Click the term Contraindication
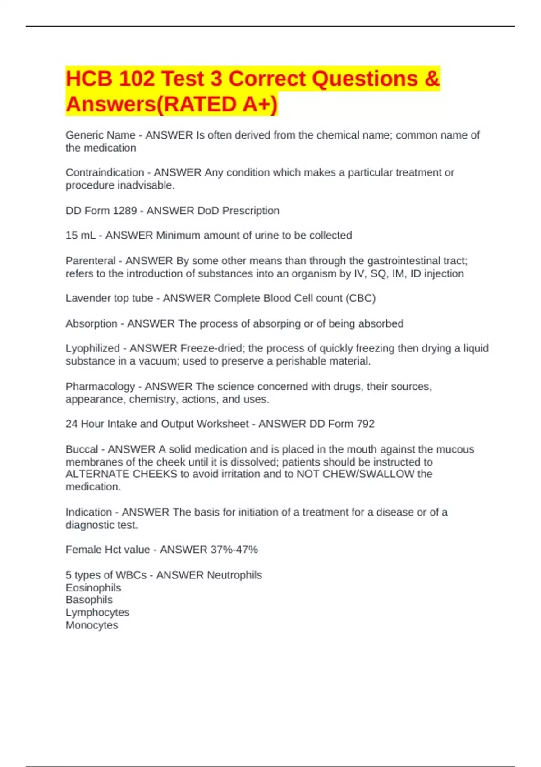point(105,172)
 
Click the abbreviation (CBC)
point(361,298)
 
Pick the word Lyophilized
point(92,348)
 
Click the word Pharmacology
point(100,387)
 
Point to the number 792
point(365,424)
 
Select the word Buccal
point(82,449)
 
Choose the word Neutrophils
point(234,575)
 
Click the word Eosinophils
point(93,588)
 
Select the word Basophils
point(89,600)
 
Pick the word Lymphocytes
point(97,613)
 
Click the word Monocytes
point(92,625)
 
